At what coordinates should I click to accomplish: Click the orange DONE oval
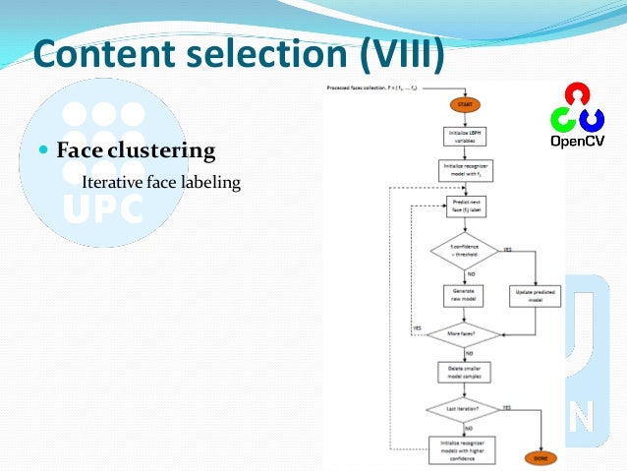tap(539, 458)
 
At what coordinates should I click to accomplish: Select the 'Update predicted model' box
tap(534, 295)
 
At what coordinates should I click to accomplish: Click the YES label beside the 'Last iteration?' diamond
tap(506, 406)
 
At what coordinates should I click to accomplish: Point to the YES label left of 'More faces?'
tap(417, 326)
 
